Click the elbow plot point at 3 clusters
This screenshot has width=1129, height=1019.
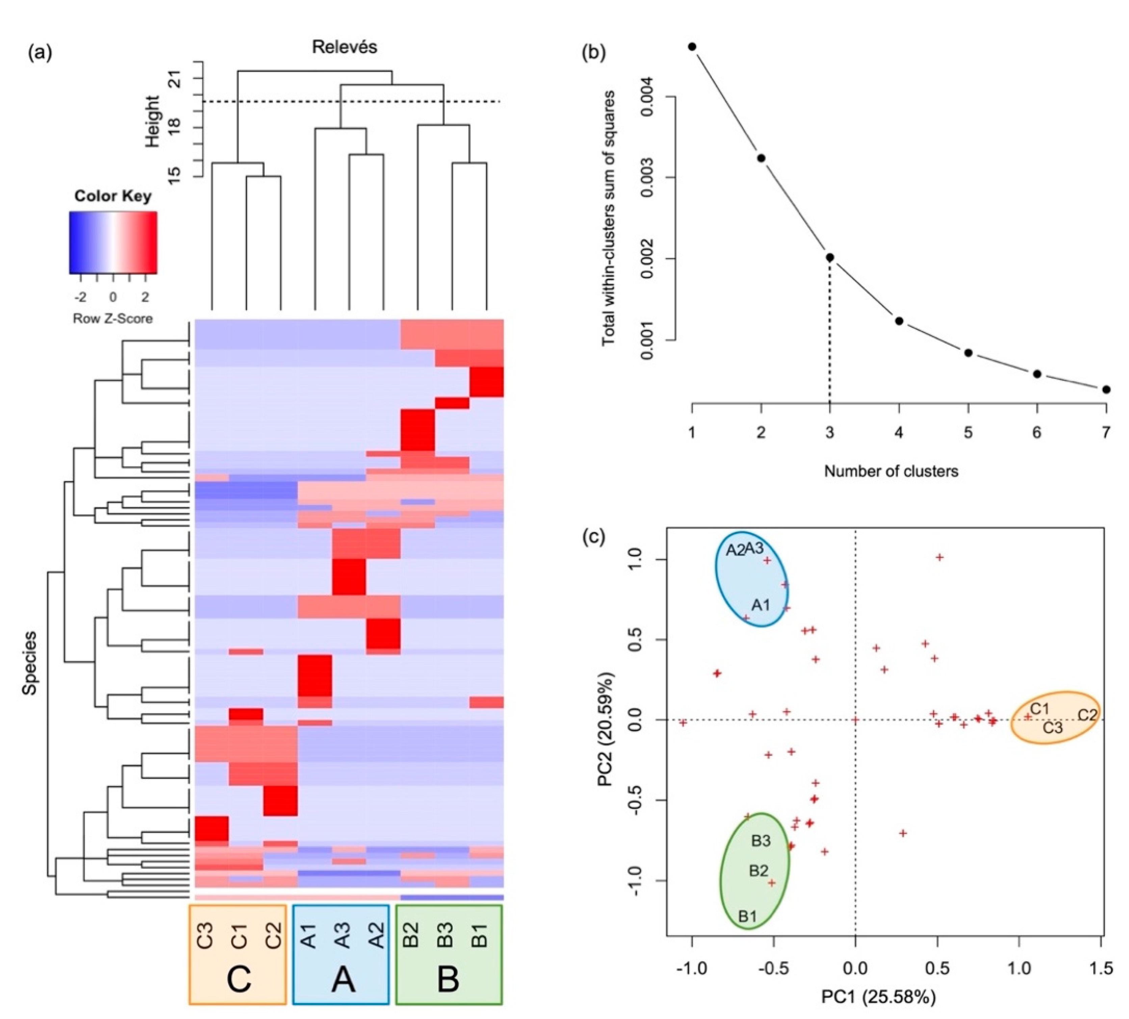[x=830, y=258]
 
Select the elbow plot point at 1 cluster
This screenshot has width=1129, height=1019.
[x=692, y=47]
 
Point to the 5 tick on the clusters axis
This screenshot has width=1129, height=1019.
[x=968, y=433]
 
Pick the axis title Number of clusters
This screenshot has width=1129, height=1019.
[x=891, y=472]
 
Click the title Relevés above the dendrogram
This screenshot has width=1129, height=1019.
[x=344, y=47]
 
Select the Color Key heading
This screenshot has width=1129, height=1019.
[x=113, y=196]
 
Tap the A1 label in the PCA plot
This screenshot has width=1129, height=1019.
[x=761, y=605]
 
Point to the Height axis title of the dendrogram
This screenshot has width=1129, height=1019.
[x=152, y=122]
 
